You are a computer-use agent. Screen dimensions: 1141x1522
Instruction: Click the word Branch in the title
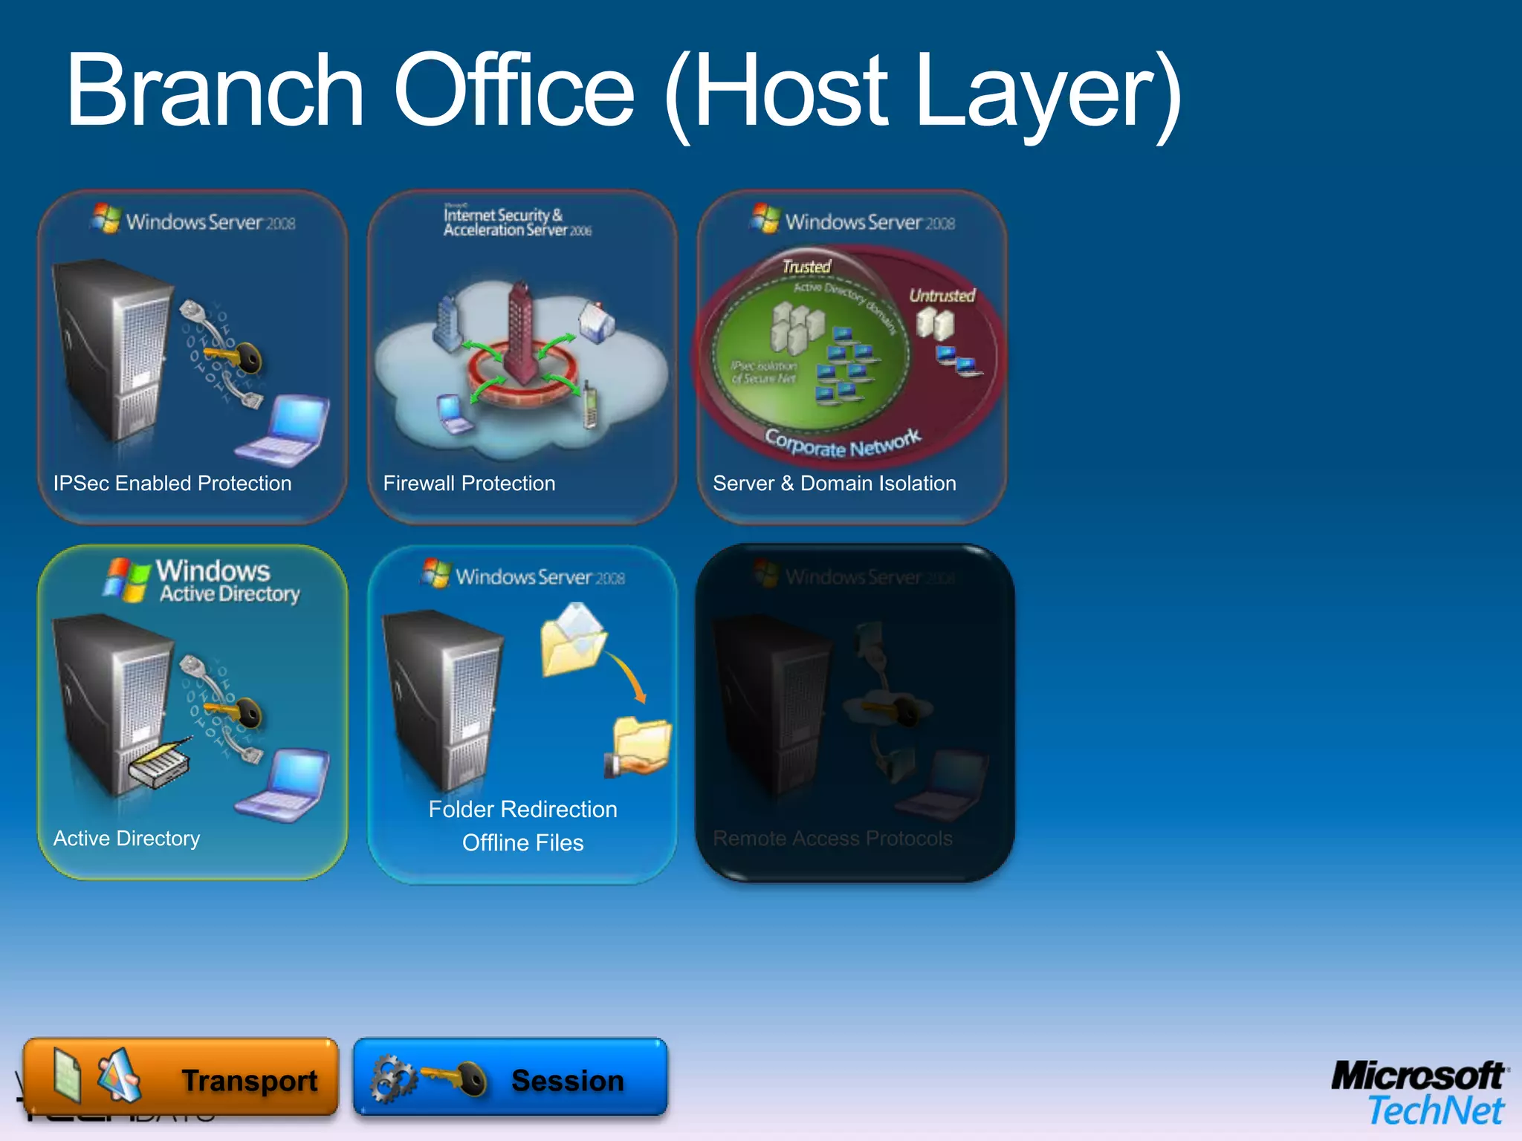click(x=216, y=91)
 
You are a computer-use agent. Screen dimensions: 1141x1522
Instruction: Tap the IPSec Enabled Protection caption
click(x=172, y=484)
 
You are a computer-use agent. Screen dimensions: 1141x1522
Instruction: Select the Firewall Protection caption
click(x=469, y=484)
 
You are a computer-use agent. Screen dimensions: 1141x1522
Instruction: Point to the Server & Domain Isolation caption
click(x=834, y=484)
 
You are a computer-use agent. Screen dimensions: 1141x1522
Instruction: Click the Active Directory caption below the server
click(x=126, y=839)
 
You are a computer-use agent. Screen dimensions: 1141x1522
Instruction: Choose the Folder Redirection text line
click(x=522, y=809)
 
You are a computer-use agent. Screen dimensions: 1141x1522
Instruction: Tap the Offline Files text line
click(x=522, y=843)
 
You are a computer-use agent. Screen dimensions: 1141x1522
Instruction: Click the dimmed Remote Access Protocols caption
click(x=832, y=839)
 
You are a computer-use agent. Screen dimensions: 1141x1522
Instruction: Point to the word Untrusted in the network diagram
click(x=942, y=296)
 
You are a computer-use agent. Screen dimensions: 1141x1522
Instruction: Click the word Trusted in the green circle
click(x=806, y=266)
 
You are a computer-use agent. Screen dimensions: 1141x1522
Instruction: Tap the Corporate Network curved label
click(x=843, y=444)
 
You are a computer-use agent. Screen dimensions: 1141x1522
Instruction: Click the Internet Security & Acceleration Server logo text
click(x=516, y=222)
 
